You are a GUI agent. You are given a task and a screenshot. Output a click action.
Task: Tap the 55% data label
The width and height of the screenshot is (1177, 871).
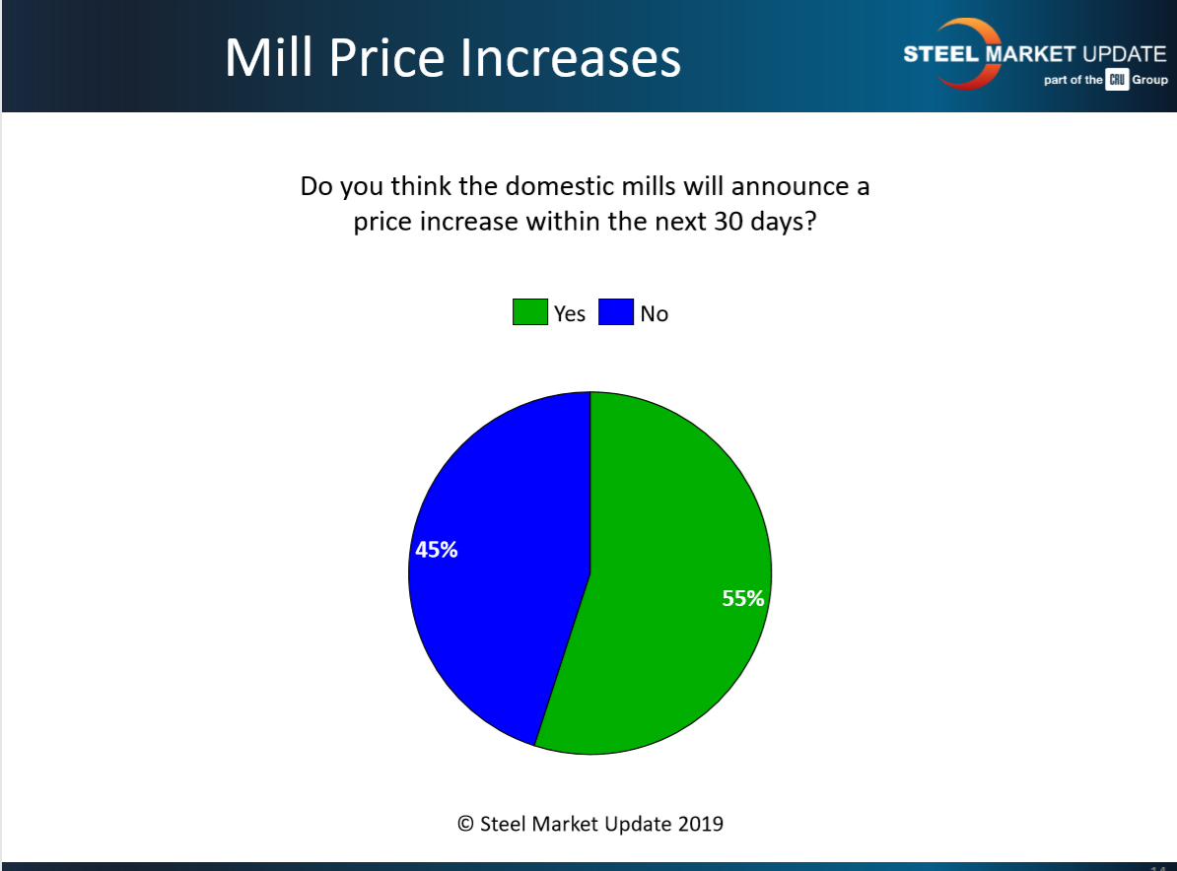coord(743,598)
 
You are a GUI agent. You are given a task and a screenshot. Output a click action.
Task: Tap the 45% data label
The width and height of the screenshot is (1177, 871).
coord(436,550)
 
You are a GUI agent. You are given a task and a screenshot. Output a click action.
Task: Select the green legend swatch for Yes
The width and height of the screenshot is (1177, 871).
coord(528,313)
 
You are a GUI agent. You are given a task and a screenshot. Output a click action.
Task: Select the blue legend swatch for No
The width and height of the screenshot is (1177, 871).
coord(615,313)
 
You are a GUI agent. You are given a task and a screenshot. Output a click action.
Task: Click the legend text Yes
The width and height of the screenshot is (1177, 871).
coord(570,314)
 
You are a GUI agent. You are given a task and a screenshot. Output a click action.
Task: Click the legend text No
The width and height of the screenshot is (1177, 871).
coord(654,314)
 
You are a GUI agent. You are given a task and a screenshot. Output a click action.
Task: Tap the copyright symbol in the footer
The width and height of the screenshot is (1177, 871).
coord(466,823)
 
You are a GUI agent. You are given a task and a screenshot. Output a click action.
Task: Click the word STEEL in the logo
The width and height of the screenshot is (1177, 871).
coord(938,53)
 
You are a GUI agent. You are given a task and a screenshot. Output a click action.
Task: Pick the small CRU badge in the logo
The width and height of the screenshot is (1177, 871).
coord(1117,80)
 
